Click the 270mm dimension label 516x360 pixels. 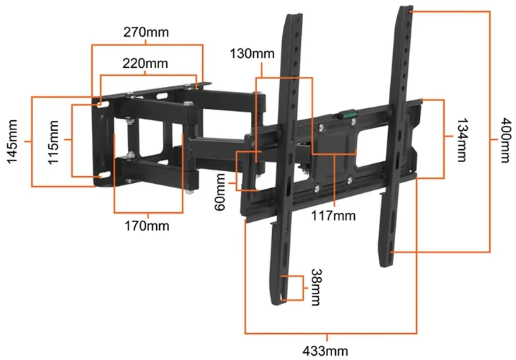coord(146,33)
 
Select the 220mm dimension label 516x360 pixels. coord(145,63)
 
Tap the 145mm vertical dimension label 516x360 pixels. coord(12,141)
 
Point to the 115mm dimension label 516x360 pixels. coord(53,142)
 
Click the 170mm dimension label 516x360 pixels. coord(147,226)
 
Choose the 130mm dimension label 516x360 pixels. coord(252,53)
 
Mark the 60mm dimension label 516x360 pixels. coord(220,192)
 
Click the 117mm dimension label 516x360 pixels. coord(334,216)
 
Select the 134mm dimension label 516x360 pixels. coord(462,140)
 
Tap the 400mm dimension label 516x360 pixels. coord(506,140)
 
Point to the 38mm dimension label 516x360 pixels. coord(317,288)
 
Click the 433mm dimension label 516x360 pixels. coord(325,351)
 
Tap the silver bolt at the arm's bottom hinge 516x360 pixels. coord(189,191)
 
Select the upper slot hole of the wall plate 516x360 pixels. coord(102,105)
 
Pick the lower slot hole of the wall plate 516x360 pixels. coord(105,175)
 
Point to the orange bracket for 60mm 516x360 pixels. coord(237,170)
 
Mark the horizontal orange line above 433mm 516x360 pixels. coord(331,333)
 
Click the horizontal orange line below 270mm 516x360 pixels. coord(147,45)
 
